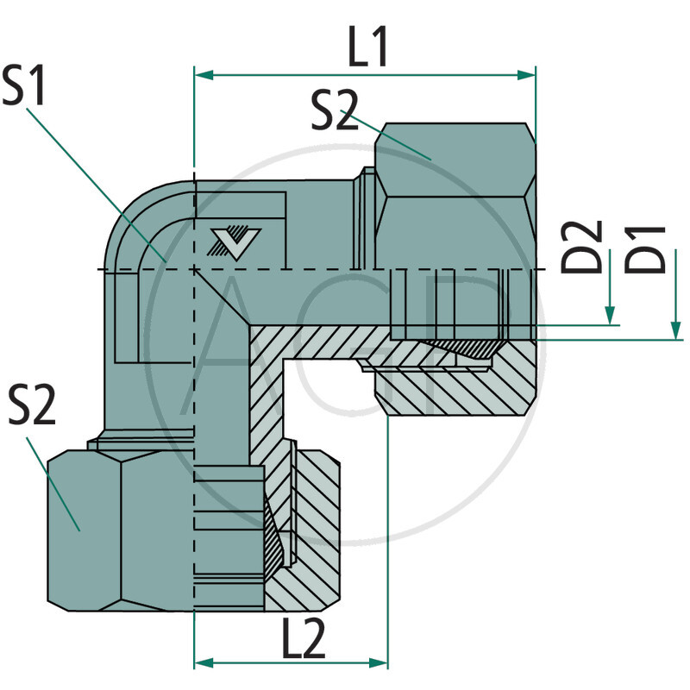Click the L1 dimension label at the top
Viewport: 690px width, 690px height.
(369, 50)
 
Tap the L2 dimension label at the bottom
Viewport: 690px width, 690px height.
(303, 639)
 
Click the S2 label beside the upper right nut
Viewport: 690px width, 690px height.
(335, 112)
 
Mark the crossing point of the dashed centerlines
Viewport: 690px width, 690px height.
(196, 270)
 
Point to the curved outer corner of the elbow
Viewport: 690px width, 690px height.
(129, 207)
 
